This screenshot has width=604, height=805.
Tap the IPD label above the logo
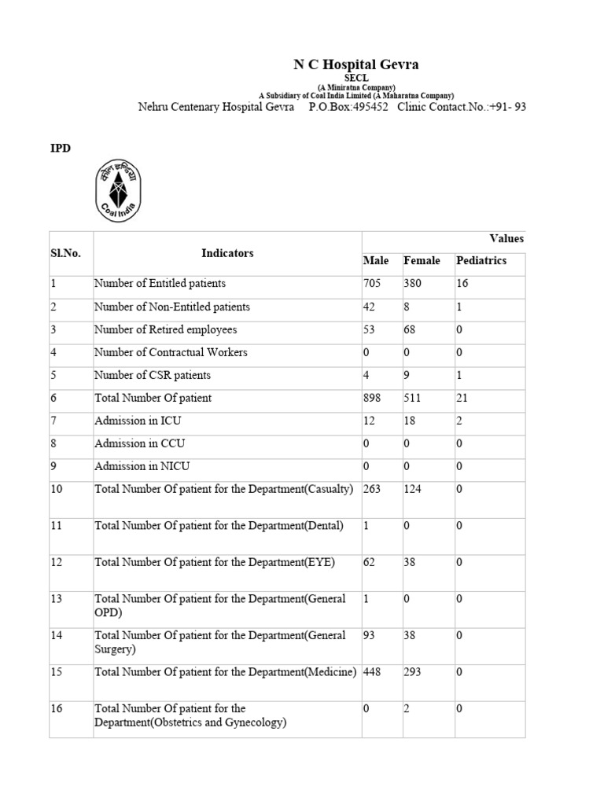tap(61, 148)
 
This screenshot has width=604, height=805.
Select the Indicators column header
tap(227, 253)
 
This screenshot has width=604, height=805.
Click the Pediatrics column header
tap(481, 261)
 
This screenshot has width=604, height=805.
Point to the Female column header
tap(422, 261)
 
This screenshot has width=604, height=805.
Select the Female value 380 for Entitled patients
tap(413, 284)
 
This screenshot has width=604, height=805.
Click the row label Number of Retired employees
tap(165, 329)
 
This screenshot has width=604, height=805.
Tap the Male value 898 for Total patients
tap(372, 398)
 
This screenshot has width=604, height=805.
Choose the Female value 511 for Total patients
tap(412, 398)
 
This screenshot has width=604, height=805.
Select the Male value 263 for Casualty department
tap(372, 489)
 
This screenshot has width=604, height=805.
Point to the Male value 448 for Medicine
tap(372, 672)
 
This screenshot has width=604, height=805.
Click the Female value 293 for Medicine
tap(413, 672)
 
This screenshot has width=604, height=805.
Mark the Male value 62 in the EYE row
tap(370, 562)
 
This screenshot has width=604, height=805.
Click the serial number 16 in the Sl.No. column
tap(57, 708)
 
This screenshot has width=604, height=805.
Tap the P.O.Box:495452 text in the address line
tap(348, 107)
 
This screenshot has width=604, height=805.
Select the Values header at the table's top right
tap(506, 239)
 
